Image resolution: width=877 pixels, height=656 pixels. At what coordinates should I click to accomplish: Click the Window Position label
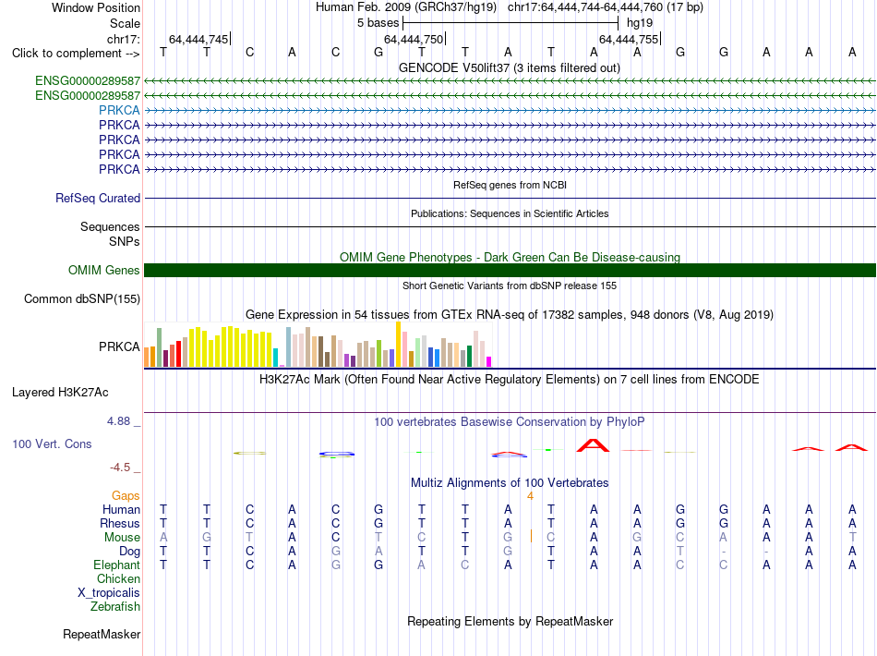point(96,7)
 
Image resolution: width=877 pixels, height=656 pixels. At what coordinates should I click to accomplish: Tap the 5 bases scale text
point(378,23)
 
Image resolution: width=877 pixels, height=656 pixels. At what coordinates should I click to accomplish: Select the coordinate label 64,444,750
point(414,39)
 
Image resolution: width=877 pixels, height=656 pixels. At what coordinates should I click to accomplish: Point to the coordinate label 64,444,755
point(629,39)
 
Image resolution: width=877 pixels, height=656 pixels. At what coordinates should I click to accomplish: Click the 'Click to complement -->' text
point(76,54)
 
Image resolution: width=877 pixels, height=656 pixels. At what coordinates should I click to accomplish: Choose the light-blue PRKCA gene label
point(119,110)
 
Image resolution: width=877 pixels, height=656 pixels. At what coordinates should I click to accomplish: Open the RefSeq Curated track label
point(98,198)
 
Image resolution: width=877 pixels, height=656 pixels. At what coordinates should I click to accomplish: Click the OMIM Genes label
point(104,271)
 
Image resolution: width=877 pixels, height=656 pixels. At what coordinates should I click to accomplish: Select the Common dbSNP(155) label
point(82,298)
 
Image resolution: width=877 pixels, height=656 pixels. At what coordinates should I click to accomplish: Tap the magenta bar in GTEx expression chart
point(488,361)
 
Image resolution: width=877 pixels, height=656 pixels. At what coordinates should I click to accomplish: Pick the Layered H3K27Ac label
point(60,393)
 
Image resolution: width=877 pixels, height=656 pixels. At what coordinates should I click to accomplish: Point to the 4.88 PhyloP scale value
point(118,421)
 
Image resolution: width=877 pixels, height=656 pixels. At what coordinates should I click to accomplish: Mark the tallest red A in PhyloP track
point(593,445)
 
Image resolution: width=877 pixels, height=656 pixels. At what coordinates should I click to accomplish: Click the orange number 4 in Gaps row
point(530,496)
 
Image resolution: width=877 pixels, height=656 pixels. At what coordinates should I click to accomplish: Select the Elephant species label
point(116,565)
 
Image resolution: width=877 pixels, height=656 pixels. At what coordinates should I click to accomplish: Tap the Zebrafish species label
point(115,607)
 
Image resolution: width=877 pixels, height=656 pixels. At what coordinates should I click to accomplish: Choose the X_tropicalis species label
point(109,593)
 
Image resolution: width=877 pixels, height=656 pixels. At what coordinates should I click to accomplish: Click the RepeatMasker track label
point(102,634)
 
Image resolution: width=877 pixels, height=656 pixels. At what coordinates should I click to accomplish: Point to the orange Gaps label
point(126,496)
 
